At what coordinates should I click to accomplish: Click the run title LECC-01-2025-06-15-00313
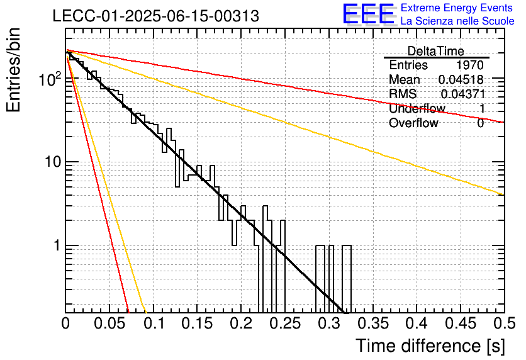155,16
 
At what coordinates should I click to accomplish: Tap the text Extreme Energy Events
457,8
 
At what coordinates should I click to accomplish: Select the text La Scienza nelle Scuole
457,21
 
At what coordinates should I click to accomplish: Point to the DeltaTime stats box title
435,51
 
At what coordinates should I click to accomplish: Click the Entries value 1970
469,65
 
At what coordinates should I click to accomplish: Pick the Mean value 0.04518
461,79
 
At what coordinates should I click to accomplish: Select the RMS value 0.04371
463,94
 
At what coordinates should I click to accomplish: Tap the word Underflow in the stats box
417,108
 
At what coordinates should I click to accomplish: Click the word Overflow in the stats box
413,123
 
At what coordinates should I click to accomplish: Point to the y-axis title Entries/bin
13,70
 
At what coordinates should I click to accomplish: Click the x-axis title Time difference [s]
430,346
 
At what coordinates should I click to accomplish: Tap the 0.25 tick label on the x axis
285,323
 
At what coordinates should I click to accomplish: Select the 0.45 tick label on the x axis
461,323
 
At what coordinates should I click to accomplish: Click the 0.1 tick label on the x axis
154,323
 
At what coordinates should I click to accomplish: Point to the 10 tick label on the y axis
53,162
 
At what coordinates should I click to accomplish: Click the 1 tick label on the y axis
57,246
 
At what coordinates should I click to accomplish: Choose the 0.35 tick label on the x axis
372,323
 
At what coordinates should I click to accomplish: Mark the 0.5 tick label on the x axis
505,323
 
